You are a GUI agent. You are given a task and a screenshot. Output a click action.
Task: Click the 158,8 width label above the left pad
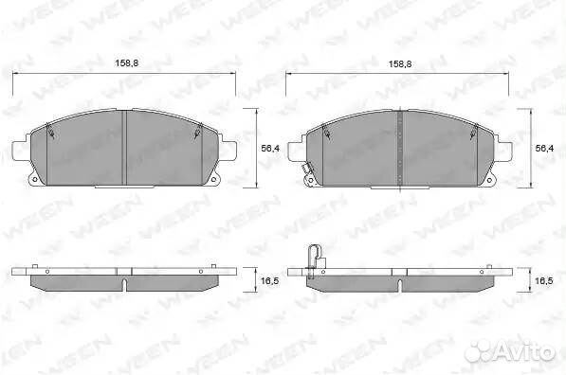coord(127,63)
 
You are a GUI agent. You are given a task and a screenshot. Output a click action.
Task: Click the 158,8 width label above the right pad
coord(400,64)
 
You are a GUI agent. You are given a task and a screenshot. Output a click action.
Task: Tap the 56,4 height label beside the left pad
coord(270,148)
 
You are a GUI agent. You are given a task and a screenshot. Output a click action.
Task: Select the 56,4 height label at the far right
coord(544,148)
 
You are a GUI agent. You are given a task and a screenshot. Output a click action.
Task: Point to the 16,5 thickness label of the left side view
coord(269,280)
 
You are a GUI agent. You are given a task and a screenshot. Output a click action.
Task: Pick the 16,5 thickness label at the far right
coord(543,280)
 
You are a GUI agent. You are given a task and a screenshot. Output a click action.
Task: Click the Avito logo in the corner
coord(510,350)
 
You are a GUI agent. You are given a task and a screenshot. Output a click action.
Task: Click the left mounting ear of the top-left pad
coord(20,150)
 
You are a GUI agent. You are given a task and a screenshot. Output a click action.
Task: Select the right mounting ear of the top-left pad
coord(228,151)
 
